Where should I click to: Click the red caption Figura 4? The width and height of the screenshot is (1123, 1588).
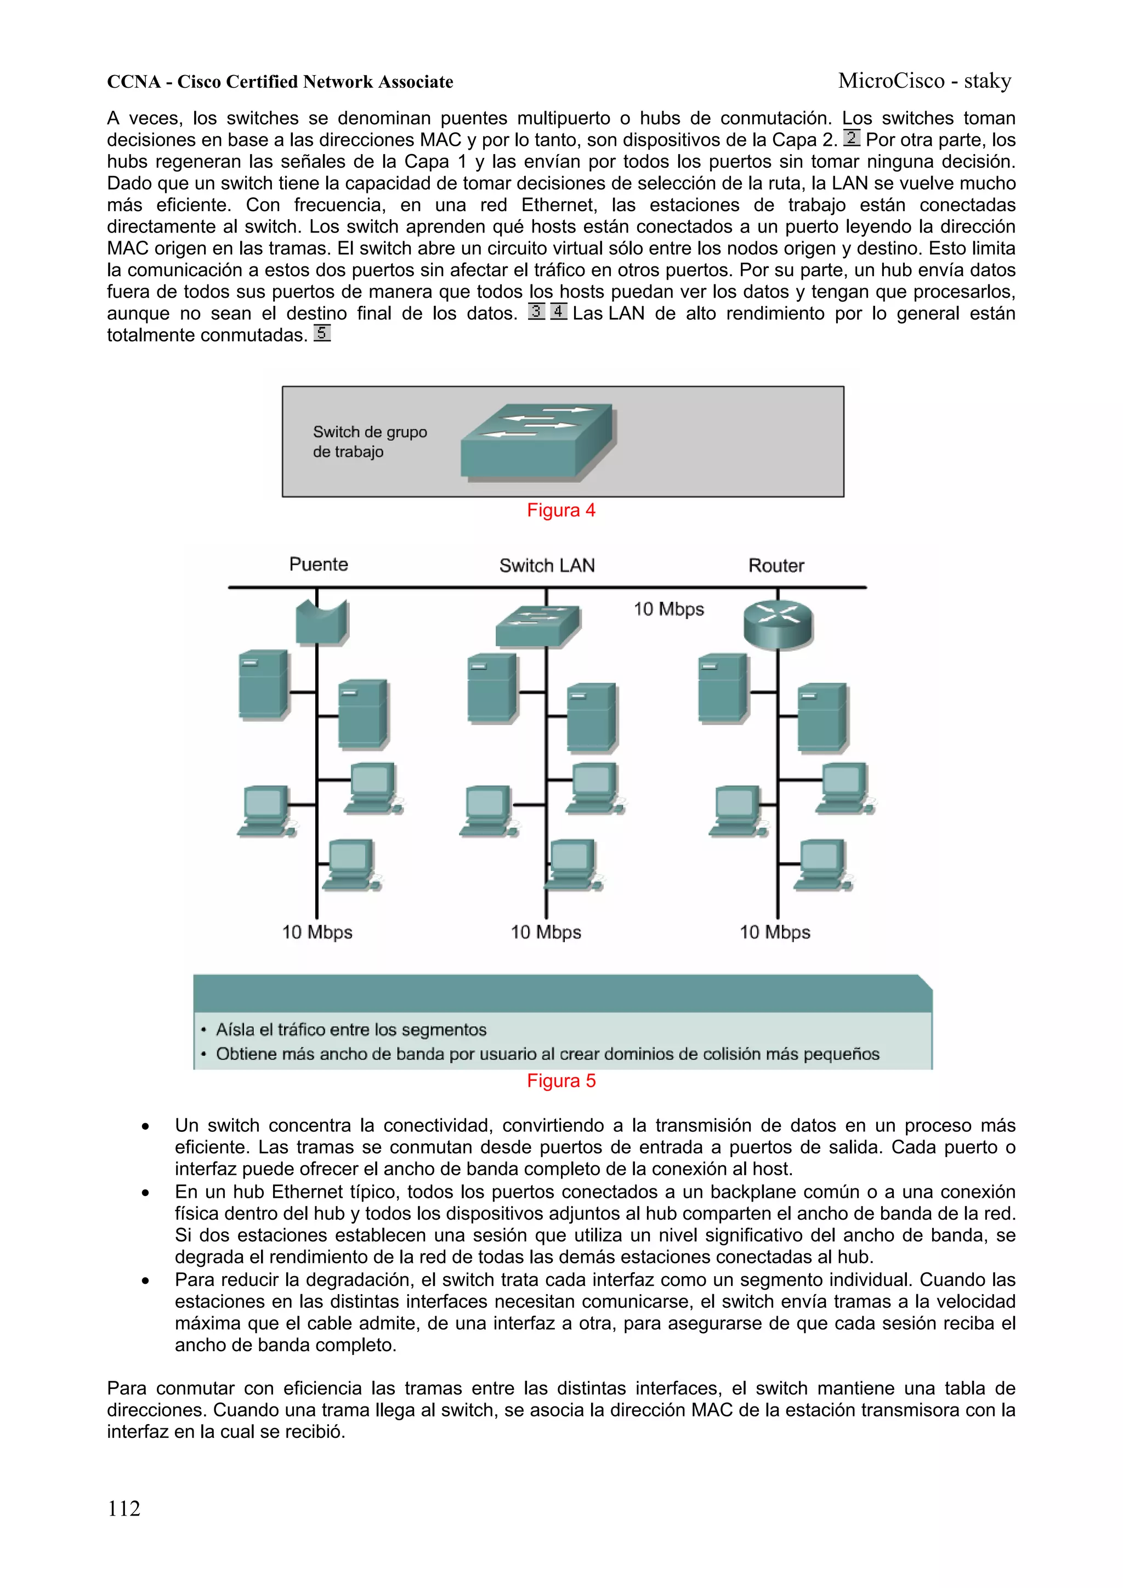560,510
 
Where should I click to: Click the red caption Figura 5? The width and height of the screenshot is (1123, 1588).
560,1081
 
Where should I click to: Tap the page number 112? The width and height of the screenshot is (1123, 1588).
124,1508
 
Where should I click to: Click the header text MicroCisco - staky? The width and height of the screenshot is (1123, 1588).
925,81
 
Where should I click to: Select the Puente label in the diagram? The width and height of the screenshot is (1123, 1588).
318,565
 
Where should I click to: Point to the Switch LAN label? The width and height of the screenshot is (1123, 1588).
547,566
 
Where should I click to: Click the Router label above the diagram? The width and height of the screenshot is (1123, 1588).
776,566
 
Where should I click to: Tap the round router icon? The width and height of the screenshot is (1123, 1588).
778,624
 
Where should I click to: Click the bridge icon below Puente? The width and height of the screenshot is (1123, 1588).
321,622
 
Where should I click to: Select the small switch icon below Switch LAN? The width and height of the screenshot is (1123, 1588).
537,626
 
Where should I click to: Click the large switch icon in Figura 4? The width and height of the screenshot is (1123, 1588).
537,441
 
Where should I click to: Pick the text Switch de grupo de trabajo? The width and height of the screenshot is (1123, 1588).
370,441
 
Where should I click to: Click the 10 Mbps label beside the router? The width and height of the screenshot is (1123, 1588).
668,610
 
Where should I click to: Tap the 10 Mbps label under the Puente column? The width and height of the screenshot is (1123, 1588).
317,932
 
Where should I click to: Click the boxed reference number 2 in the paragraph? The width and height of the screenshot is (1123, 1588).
851,138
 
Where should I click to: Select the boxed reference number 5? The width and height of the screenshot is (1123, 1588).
322,333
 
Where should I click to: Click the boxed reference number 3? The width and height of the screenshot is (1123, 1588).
536,312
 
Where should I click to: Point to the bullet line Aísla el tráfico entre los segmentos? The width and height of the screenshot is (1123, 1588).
351,1030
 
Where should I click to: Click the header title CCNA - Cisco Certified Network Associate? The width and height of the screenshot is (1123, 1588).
280,82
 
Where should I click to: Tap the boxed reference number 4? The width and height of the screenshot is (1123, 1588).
558,312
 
